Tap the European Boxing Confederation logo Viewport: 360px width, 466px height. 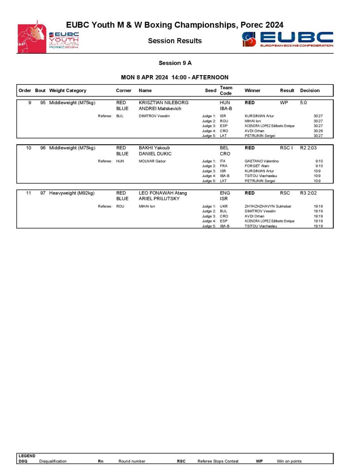(288, 39)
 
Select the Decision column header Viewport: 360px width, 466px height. (310, 91)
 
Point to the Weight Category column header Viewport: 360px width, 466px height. (68, 91)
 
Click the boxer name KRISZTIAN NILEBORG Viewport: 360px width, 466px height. (163, 103)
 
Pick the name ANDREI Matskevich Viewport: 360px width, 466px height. (160, 109)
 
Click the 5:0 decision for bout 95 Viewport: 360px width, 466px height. (304, 103)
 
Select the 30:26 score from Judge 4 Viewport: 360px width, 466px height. (318, 131)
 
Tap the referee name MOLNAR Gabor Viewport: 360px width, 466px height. (152, 161)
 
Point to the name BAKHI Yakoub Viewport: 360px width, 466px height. (155, 148)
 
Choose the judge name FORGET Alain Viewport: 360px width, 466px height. (258, 166)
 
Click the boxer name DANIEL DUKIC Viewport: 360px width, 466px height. (155, 154)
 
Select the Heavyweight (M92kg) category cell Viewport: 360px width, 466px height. (72, 193)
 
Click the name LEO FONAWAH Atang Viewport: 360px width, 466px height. (162, 193)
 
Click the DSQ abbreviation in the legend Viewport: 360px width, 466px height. (23, 461)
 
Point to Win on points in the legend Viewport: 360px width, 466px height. (289, 461)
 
